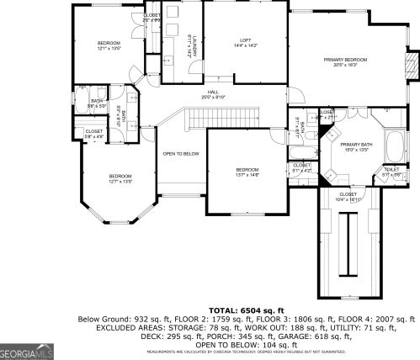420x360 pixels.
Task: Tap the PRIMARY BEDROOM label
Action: click(x=346, y=60)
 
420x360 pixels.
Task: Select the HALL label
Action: click(x=214, y=93)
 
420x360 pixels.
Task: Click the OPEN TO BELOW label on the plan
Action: click(x=181, y=153)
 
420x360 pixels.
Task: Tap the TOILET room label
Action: click(x=391, y=170)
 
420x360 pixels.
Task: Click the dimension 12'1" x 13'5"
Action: click(x=109, y=49)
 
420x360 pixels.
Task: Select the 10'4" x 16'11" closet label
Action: click(x=348, y=199)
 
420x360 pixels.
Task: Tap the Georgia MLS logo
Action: click(x=27, y=352)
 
